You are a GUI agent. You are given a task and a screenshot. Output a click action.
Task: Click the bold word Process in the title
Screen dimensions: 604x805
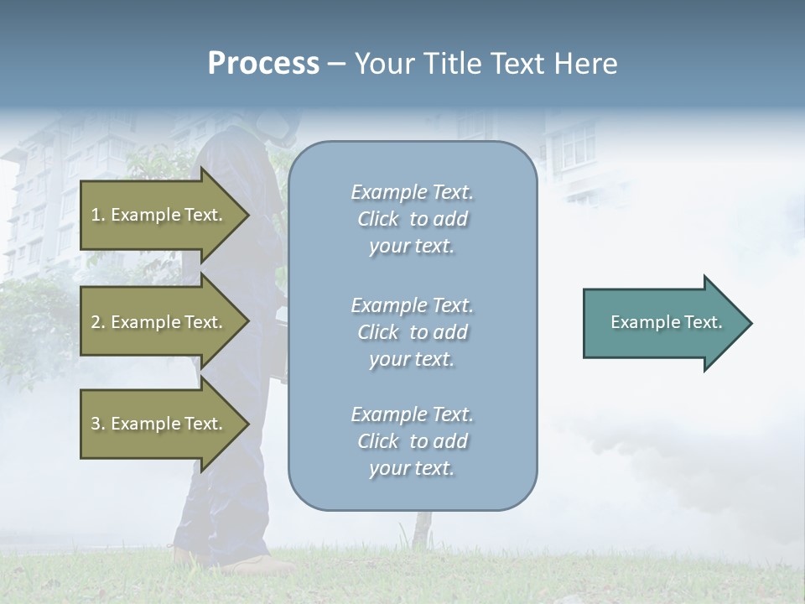tap(263, 64)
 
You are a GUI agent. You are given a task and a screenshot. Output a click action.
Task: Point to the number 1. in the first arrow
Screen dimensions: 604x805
tap(98, 215)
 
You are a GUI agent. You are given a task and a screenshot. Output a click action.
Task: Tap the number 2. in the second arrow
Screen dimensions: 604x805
tap(98, 322)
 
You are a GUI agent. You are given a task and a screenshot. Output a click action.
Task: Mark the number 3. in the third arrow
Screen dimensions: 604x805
tap(98, 424)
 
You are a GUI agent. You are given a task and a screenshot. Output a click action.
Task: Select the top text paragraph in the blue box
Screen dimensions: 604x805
tap(412, 219)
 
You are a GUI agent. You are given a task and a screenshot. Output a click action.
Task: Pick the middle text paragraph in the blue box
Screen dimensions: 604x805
tap(412, 332)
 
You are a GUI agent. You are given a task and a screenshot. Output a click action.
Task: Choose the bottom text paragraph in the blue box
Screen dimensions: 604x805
tap(412, 441)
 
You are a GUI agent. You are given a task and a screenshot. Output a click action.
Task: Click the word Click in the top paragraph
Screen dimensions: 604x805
tap(378, 219)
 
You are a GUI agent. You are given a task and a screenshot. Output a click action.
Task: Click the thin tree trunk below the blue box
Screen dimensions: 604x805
tap(417, 528)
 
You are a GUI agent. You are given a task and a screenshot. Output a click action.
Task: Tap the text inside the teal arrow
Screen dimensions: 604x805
tap(667, 322)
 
